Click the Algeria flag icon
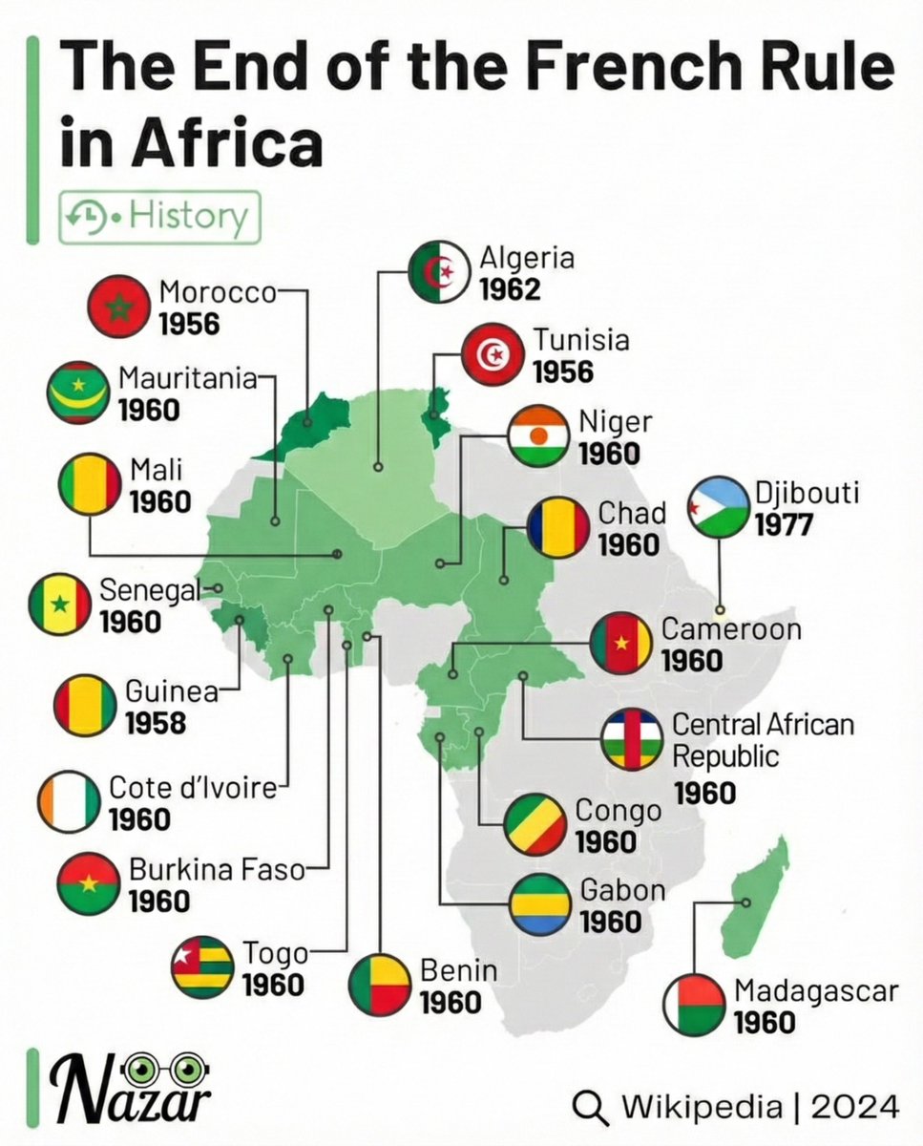click(x=439, y=273)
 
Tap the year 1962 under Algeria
click(x=510, y=288)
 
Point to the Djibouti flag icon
click(x=719, y=506)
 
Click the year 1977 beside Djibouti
click(x=784, y=524)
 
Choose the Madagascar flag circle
click(x=696, y=1005)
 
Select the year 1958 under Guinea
click(x=156, y=723)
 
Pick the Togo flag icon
click(x=202, y=967)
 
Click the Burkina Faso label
click(x=217, y=870)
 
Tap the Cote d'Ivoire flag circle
click(x=69, y=801)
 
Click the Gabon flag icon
click(x=539, y=904)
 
